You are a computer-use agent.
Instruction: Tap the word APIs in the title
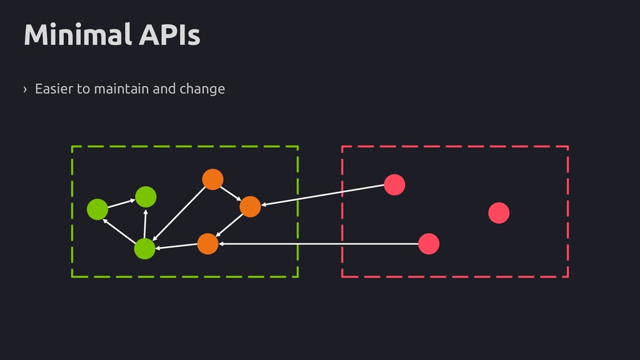(x=169, y=34)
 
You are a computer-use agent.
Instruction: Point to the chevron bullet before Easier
(x=25, y=89)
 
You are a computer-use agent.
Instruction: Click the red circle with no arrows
(x=499, y=212)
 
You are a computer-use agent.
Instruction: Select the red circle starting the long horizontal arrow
(x=429, y=244)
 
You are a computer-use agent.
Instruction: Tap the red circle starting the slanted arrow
(x=394, y=184)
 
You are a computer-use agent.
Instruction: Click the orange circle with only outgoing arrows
(x=212, y=179)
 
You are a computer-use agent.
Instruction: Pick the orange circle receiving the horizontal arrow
(x=207, y=244)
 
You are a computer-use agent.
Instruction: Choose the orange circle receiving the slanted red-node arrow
(x=250, y=206)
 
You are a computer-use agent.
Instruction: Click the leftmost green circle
(x=97, y=209)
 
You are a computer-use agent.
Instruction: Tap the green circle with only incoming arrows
(x=146, y=197)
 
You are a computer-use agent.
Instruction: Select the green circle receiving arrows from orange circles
(x=144, y=249)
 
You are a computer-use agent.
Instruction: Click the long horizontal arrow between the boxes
(x=318, y=244)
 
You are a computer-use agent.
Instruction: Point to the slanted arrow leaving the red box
(x=322, y=195)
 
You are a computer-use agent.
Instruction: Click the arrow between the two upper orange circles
(x=231, y=194)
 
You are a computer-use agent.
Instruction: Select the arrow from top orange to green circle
(x=179, y=214)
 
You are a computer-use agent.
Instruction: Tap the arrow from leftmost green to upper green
(x=121, y=203)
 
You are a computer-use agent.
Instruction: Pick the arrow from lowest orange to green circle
(x=176, y=246)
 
